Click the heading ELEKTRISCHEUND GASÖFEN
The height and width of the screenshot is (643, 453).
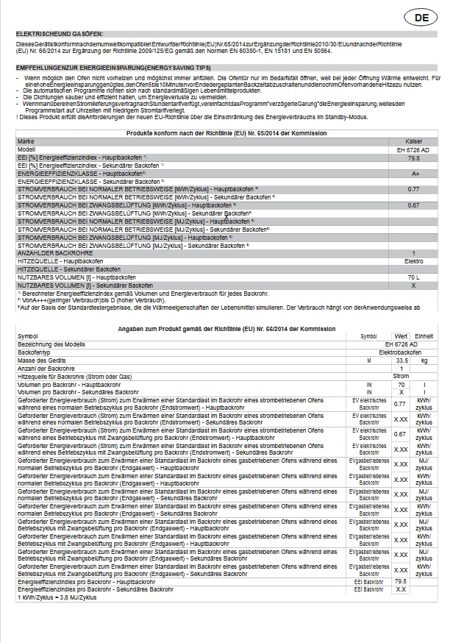pos(60,34)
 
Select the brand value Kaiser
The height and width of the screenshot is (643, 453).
pos(413,141)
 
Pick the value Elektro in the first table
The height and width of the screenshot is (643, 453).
pos(413,261)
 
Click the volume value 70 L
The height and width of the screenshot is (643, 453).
pos(413,277)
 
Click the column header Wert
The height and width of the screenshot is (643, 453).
pos(401,335)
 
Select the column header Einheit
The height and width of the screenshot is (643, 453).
pos(423,335)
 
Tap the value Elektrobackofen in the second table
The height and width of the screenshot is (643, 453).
pos(399,352)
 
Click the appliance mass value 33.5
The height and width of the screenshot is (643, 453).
pos(402,360)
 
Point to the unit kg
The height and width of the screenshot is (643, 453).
pos(424,360)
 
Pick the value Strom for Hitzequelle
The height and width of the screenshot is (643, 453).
pos(401,376)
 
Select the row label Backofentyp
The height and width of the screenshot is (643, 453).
pos(34,352)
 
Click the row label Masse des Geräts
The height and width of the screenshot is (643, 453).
pos(41,360)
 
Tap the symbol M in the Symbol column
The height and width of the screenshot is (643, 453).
pos(369,360)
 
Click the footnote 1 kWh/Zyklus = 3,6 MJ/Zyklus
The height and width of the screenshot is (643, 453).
pos(57,597)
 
